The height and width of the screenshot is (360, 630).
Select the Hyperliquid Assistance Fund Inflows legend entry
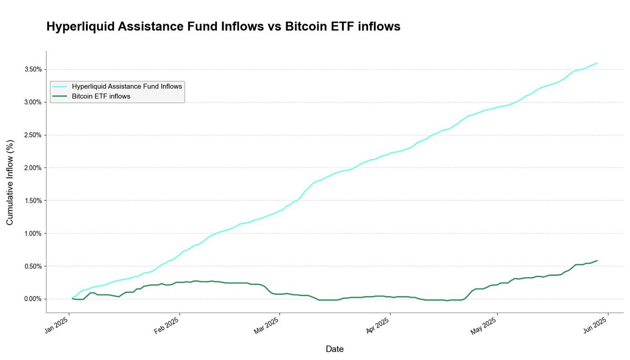[127, 86]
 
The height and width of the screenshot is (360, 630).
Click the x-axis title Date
[335, 349]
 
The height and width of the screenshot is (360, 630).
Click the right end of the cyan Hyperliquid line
[597, 63]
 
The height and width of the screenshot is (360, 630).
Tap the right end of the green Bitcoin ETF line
[597, 261]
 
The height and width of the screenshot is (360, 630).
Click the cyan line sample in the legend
[60, 86]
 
